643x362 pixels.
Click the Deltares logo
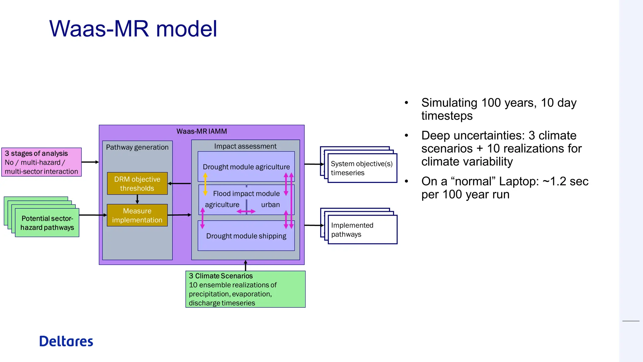[66, 341]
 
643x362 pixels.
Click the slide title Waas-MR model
[133, 29]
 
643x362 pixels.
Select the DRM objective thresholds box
[137, 184]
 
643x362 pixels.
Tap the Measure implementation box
[137, 215]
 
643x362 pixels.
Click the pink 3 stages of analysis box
[41, 162]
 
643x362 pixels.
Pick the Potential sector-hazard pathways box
[47, 223]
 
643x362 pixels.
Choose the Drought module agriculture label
[246, 167]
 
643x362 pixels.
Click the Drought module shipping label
[246, 236]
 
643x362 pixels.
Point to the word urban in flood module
[270, 205]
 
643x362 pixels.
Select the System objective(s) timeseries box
[362, 168]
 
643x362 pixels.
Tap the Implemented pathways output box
[362, 230]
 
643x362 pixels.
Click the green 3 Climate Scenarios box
[245, 289]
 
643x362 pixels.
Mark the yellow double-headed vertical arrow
[205, 184]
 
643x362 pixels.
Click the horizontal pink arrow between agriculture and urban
[246, 211]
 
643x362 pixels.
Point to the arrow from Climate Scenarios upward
[246, 266]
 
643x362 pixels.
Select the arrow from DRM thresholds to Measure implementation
[137, 199]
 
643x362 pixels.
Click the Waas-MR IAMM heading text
[202, 131]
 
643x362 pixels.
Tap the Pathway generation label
[137, 147]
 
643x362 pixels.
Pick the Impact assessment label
[245, 146]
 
